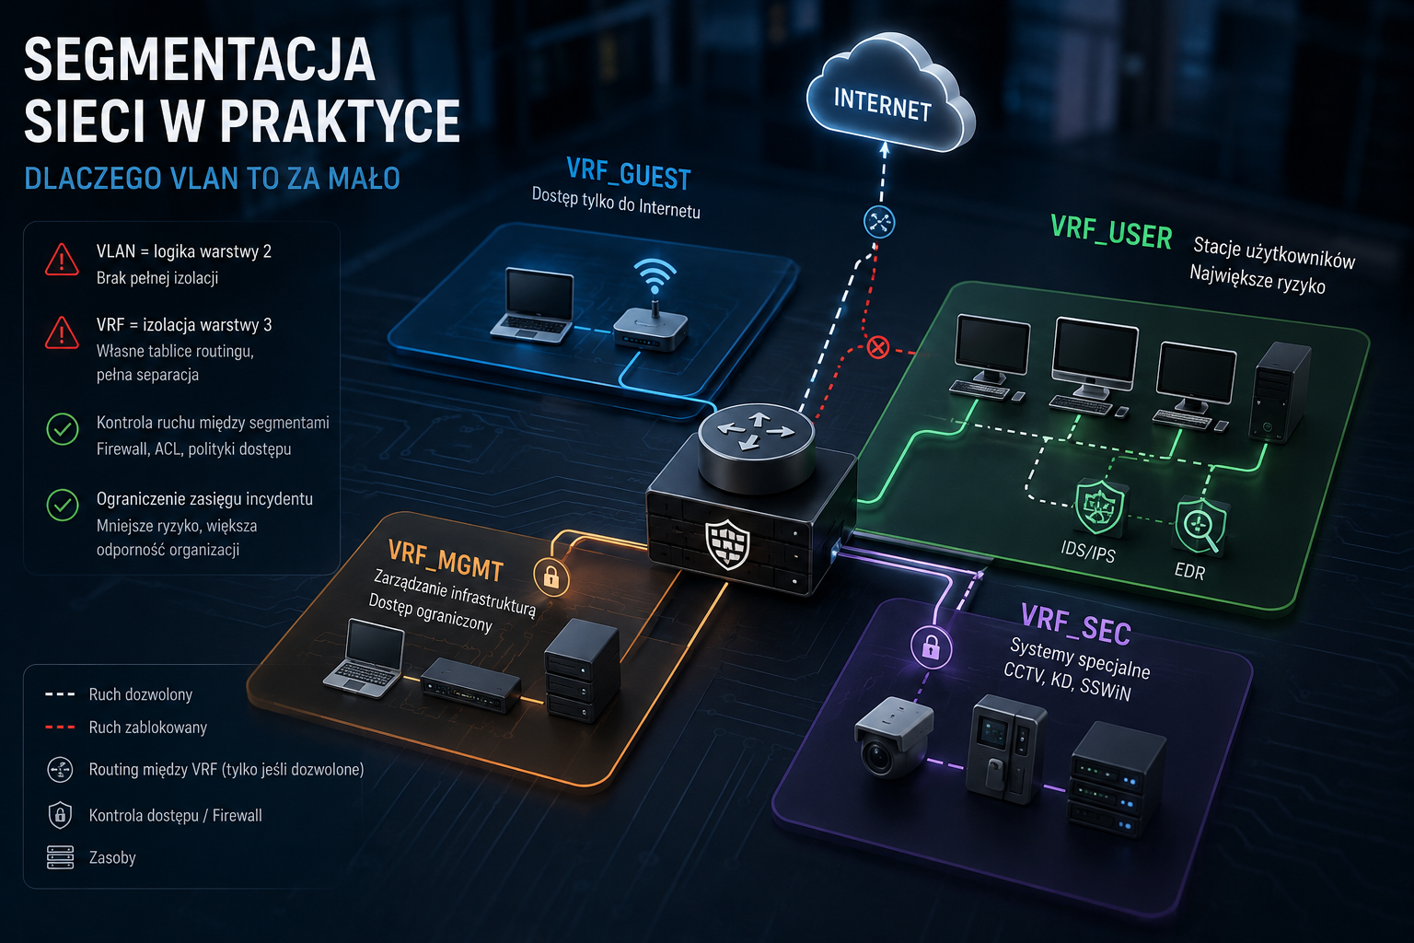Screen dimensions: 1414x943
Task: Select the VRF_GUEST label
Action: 629,173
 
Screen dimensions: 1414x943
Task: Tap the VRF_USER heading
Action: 1111,232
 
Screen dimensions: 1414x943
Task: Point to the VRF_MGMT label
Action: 446,560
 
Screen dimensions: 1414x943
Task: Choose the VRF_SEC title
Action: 1075,624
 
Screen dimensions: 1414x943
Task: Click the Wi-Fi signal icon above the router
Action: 655,275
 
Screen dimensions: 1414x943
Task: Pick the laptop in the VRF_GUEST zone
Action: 533,306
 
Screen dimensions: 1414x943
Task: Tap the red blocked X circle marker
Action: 878,347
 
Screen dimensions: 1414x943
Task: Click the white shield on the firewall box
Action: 727,544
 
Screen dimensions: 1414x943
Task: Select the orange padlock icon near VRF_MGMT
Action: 551,576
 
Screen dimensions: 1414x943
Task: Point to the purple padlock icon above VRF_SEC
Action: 931,646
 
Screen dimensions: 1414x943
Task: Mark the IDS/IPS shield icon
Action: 1100,506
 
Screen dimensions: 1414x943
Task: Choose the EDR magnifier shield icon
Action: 1200,527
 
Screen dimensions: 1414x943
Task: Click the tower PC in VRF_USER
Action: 1279,391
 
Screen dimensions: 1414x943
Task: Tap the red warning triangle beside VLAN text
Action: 62,261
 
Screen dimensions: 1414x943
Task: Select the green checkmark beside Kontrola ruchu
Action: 63,429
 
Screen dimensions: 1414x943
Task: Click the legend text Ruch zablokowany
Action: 147,728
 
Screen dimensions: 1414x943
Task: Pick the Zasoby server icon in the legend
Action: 60,857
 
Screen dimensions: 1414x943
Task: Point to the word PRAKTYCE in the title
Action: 340,121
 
